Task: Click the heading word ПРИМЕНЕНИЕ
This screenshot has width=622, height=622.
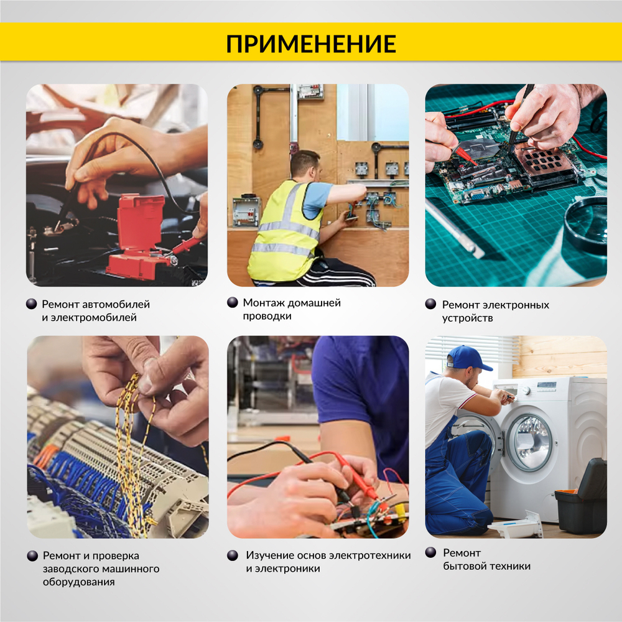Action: point(310,44)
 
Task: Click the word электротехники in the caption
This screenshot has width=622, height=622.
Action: point(370,555)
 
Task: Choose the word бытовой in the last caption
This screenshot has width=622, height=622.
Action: point(464,566)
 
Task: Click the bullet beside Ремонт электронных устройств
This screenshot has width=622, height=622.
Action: point(430,304)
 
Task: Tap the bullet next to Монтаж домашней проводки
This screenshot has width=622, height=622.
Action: point(233,302)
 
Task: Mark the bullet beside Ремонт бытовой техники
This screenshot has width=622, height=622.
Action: point(430,552)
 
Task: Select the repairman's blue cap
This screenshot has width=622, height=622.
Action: point(466,358)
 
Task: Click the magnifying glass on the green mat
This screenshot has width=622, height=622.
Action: point(585,224)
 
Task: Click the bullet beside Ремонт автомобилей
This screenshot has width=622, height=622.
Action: point(32,304)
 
